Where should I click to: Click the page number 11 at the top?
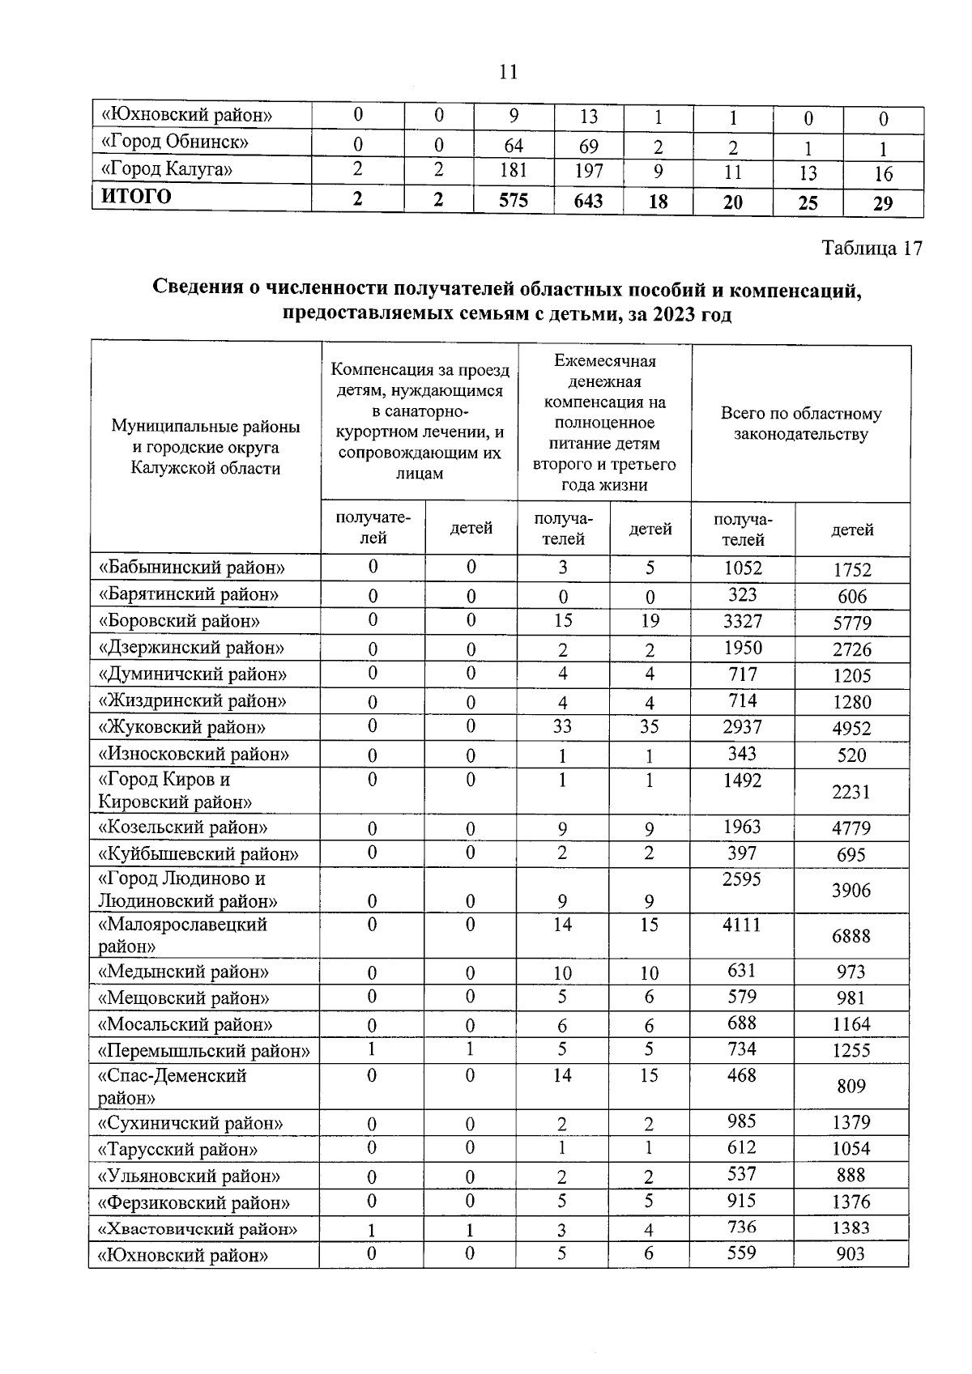[x=508, y=73]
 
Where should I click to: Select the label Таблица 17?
[x=872, y=248]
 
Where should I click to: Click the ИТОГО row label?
[x=135, y=197]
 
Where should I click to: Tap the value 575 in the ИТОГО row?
[x=514, y=200]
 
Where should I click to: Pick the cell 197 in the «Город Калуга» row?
[x=588, y=172]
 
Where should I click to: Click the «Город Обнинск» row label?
[x=173, y=143]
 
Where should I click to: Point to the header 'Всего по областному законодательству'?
[x=800, y=423]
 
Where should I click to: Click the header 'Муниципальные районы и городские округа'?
[x=206, y=447]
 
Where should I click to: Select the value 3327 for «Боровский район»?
[x=742, y=621]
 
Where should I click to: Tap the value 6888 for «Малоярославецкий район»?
[x=850, y=936]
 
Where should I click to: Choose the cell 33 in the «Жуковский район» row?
[x=562, y=727]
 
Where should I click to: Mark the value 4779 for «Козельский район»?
[x=851, y=828]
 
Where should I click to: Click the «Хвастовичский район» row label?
[x=198, y=1229]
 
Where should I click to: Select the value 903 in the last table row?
[x=850, y=1255]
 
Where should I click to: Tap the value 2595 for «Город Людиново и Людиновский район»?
[x=742, y=879]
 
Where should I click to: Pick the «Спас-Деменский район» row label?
[x=172, y=1087]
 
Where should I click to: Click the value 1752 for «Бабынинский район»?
[x=851, y=569]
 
